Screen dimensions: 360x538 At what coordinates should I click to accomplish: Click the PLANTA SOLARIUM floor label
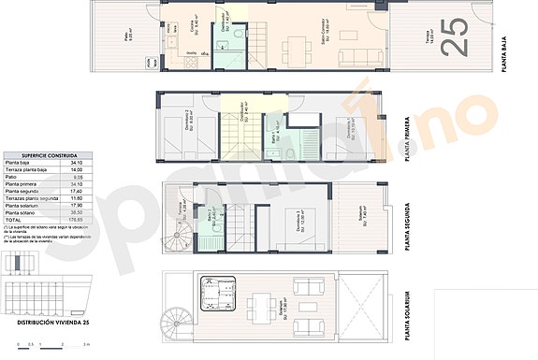(407, 311)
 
